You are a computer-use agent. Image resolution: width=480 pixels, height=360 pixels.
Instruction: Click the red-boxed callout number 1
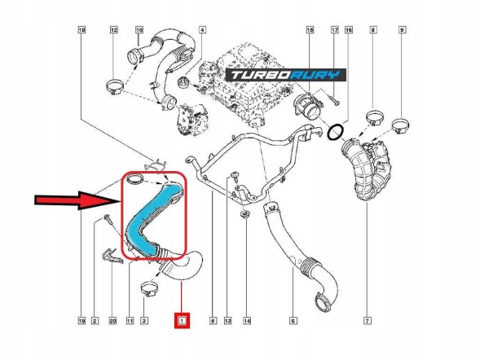click(x=183, y=321)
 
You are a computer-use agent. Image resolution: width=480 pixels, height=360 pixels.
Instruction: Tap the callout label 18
click(x=81, y=30)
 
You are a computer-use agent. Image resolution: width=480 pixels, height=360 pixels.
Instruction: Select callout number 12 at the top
click(x=113, y=30)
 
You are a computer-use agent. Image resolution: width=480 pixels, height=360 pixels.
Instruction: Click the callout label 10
click(x=139, y=30)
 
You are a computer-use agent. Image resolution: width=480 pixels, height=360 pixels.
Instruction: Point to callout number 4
click(x=202, y=30)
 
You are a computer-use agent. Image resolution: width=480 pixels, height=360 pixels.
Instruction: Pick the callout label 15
click(x=310, y=30)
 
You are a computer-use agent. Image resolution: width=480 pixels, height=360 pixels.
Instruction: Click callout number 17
click(x=335, y=30)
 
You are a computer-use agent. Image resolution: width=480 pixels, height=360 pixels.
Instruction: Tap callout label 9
click(x=402, y=30)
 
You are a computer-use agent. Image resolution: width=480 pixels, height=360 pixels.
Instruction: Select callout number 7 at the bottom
click(x=368, y=321)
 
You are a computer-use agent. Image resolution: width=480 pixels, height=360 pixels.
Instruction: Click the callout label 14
click(x=247, y=321)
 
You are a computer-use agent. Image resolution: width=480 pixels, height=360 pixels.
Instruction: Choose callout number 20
click(x=112, y=321)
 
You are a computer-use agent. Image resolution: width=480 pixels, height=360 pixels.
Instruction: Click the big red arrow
click(x=77, y=200)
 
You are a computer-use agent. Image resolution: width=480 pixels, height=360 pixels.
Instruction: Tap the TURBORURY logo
click(x=286, y=75)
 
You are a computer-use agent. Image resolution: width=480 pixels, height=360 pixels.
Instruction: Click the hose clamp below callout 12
click(x=115, y=87)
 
